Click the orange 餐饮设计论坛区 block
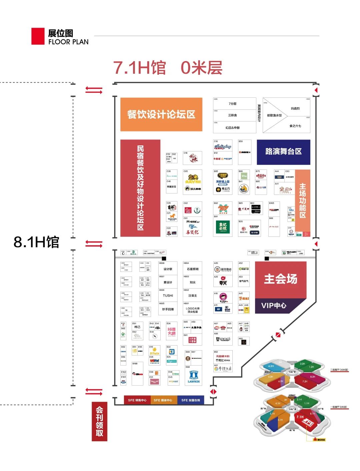(x=161, y=114)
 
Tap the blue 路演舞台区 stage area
(x=283, y=152)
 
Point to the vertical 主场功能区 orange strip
(x=303, y=200)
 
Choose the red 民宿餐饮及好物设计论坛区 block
(x=140, y=188)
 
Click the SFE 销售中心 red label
(x=137, y=400)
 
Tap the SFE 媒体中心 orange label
(x=163, y=400)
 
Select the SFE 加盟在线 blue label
(x=191, y=400)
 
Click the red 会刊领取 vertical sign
(x=99, y=421)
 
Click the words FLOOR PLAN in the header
(x=68, y=42)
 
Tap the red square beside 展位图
(x=38, y=36)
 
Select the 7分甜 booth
(x=233, y=104)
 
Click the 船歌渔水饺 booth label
(x=274, y=115)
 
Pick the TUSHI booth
(x=168, y=296)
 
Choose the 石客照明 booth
(x=193, y=269)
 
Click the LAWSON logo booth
(x=194, y=377)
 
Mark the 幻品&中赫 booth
(x=233, y=128)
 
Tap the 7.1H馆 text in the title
(x=139, y=68)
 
